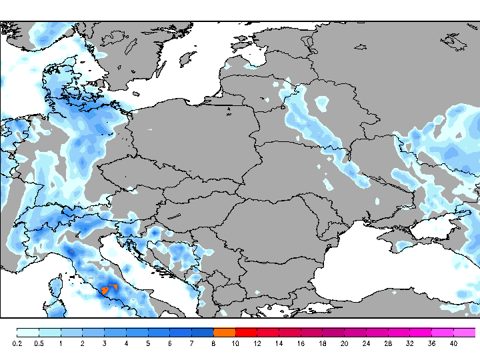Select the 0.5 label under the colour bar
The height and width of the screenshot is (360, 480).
pyautogui.click(x=39, y=343)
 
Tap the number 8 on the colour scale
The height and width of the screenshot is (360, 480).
pyautogui.click(x=213, y=343)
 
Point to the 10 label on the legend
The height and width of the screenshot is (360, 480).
pyautogui.click(x=235, y=343)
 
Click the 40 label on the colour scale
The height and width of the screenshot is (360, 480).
pyautogui.click(x=453, y=343)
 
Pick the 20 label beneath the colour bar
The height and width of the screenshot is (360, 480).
pyautogui.click(x=344, y=343)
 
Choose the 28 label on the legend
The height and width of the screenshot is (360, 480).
pyautogui.click(x=388, y=343)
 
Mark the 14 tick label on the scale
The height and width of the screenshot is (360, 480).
pyautogui.click(x=279, y=343)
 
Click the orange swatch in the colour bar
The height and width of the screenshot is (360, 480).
pyautogui.click(x=225, y=332)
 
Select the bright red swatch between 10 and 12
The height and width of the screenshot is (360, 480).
pyautogui.click(x=246, y=332)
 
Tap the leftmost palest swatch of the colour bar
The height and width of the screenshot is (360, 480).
pyautogui.click(x=27, y=332)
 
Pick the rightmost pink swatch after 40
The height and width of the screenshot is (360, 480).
pyautogui.click(x=465, y=332)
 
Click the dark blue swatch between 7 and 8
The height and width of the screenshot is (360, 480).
pyautogui.click(x=203, y=332)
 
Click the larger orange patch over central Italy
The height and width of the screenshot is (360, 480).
pyautogui.click(x=105, y=291)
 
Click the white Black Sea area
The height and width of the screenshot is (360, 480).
pyautogui.click(x=373, y=267)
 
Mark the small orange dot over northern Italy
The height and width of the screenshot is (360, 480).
pyautogui.click(x=71, y=251)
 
